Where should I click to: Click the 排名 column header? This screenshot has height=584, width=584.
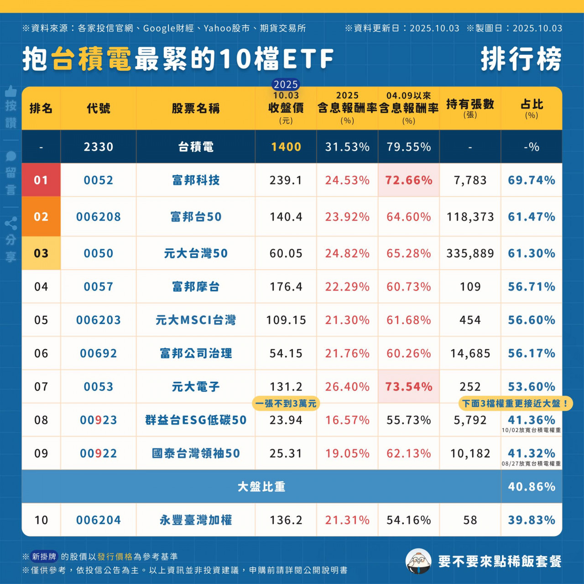[x=41, y=109]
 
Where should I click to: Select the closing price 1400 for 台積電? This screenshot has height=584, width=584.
[x=286, y=147]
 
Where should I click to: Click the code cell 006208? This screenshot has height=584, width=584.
[x=99, y=217]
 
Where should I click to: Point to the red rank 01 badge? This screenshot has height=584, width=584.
[x=41, y=180]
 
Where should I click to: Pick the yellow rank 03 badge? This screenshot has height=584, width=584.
[x=41, y=253]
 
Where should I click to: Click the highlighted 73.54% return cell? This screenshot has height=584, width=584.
[x=408, y=387]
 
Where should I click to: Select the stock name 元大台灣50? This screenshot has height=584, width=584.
[x=196, y=253]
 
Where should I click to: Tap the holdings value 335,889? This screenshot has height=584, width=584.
[x=470, y=253]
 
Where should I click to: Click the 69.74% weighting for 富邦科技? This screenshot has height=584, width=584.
[x=532, y=180]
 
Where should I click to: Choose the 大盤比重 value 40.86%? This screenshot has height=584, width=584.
[x=532, y=487]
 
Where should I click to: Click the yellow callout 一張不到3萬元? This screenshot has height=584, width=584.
[x=286, y=404]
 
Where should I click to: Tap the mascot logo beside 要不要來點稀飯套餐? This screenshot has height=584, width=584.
[x=418, y=561]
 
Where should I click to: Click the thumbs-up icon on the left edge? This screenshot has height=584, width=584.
[x=11, y=91]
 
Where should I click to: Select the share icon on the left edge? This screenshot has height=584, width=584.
[x=11, y=224]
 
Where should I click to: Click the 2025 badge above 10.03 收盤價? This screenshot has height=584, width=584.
[x=286, y=84]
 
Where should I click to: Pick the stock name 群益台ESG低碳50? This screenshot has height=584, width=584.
[x=196, y=420]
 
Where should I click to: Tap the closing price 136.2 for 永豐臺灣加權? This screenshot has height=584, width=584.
[x=286, y=520]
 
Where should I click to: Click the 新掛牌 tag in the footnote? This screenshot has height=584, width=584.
[x=44, y=557]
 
